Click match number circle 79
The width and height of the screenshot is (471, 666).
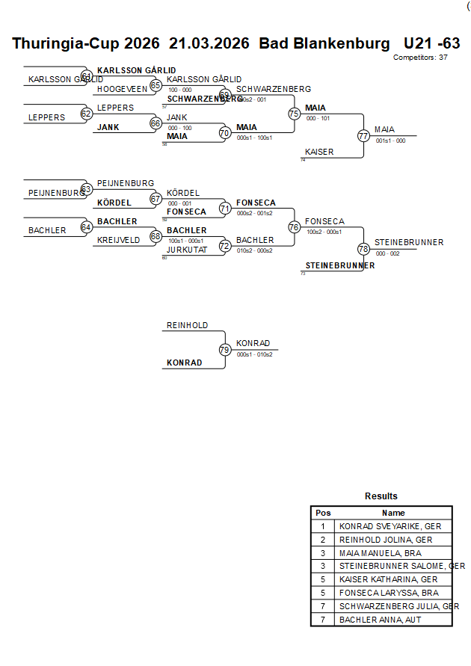[224, 349]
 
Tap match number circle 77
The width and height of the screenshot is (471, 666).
[363, 136]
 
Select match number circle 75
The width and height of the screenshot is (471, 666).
[294, 114]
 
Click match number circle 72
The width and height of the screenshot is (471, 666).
[224, 246]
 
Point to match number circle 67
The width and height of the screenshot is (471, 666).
[156, 199]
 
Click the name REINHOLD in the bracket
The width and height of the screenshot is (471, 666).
[187, 326]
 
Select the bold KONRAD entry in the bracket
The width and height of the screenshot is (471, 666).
[184, 363]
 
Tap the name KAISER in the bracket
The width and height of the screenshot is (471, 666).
[319, 152]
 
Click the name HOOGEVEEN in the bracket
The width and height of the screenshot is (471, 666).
[122, 89]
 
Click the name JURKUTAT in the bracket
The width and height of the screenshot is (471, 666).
[187, 250]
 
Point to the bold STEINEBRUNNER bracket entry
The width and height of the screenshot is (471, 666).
[340, 265]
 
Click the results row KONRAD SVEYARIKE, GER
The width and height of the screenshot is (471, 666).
[390, 526]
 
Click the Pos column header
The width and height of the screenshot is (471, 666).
[323, 513]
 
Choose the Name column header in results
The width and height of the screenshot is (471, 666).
[393, 513]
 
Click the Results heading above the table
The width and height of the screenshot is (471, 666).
[381, 496]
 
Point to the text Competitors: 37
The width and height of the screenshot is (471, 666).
[420, 57]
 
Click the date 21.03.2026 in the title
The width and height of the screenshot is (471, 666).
[209, 43]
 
